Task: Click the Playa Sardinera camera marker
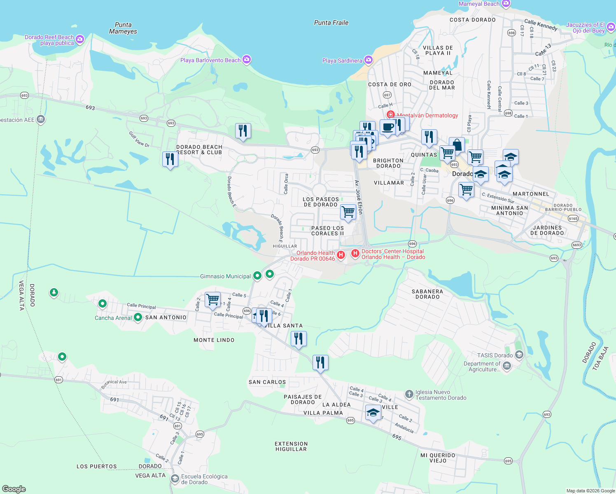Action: [x=369, y=61]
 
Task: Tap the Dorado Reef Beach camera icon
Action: [x=80, y=40]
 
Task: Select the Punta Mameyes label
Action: [x=123, y=28]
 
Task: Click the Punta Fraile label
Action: [x=331, y=23]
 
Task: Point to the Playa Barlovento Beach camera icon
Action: [x=247, y=60]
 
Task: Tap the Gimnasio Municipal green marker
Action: [x=257, y=276]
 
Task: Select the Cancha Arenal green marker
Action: [x=138, y=317]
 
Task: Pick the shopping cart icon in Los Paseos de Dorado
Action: [x=348, y=212]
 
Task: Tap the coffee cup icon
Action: [x=387, y=127]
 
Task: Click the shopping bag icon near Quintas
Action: [x=457, y=145]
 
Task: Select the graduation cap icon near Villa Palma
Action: [x=373, y=412]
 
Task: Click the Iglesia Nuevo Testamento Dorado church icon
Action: [x=409, y=394]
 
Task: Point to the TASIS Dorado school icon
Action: [x=519, y=355]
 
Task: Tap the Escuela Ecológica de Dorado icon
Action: [x=175, y=479]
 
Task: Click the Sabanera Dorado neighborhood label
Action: [x=427, y=294]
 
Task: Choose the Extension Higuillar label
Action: [x=291, y=446]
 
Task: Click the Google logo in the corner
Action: [x=14, y=489]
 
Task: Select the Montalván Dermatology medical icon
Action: [x=390, y=115]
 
